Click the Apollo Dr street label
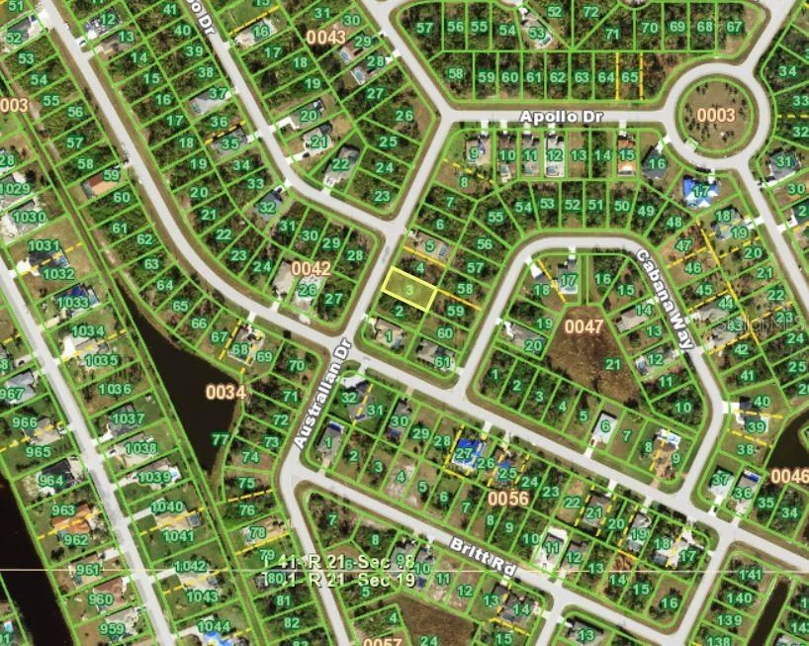561,117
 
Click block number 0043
325,38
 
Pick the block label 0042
311,268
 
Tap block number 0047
583,323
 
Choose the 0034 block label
225,392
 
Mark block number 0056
507,499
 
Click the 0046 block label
789,476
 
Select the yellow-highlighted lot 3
409,289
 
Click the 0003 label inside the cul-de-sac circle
715,115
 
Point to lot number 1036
114,389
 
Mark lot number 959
112,629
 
